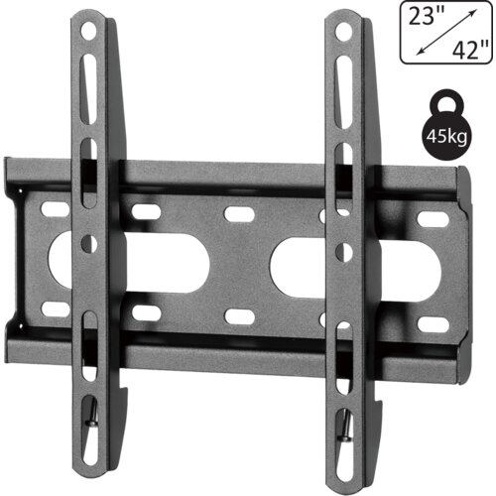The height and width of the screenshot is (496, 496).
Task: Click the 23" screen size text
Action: [427, 16]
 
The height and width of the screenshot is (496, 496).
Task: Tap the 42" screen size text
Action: [470, 51]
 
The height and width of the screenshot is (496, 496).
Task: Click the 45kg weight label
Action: [446, 136]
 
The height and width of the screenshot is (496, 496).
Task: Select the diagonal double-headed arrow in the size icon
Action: [446, 32]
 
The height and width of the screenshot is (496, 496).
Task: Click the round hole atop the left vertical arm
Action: [88, 32]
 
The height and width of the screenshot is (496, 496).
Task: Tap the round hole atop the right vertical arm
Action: [343, 32]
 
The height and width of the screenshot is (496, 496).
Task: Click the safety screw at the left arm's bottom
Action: [92, 416]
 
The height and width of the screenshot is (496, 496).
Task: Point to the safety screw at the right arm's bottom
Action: [345, 427]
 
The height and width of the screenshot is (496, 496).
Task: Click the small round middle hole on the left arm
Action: [88, 244]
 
